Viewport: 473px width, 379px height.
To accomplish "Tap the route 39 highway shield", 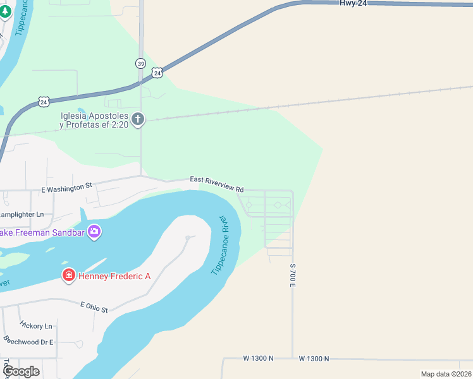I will [x=140, y=63].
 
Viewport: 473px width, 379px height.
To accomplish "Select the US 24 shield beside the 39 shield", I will [x=157, y=73].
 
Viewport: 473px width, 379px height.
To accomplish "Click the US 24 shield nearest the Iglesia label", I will [x=43, y=101].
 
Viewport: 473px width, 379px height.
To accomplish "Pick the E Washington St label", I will [x=66, y=187].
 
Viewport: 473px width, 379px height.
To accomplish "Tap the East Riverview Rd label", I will [x=217, y=184].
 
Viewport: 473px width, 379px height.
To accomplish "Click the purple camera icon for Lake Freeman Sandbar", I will [x=94, y=232].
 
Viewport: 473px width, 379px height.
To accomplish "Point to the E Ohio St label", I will [x=94, y=306].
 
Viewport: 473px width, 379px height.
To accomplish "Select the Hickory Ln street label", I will [x=35, y=326].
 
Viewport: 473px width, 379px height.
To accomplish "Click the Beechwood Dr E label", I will [x=28, y=341].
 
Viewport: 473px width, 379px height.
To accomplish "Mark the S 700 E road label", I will [x=293, y=276].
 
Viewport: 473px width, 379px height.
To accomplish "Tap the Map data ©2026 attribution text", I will [x=446, y=374].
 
